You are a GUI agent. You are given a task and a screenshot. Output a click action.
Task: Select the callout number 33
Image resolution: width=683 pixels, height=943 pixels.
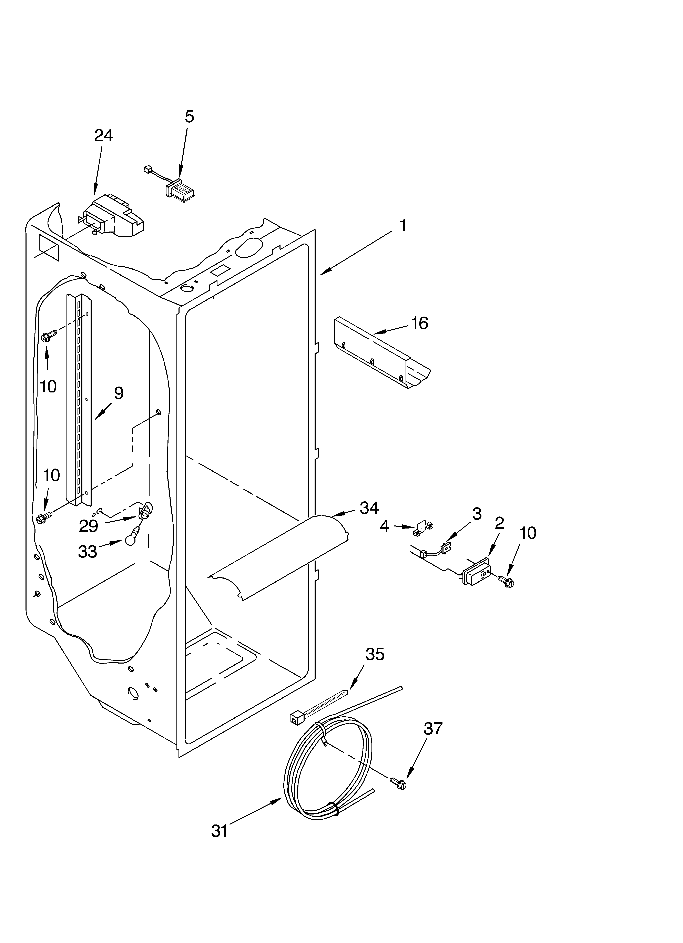[x=87, y=552]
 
